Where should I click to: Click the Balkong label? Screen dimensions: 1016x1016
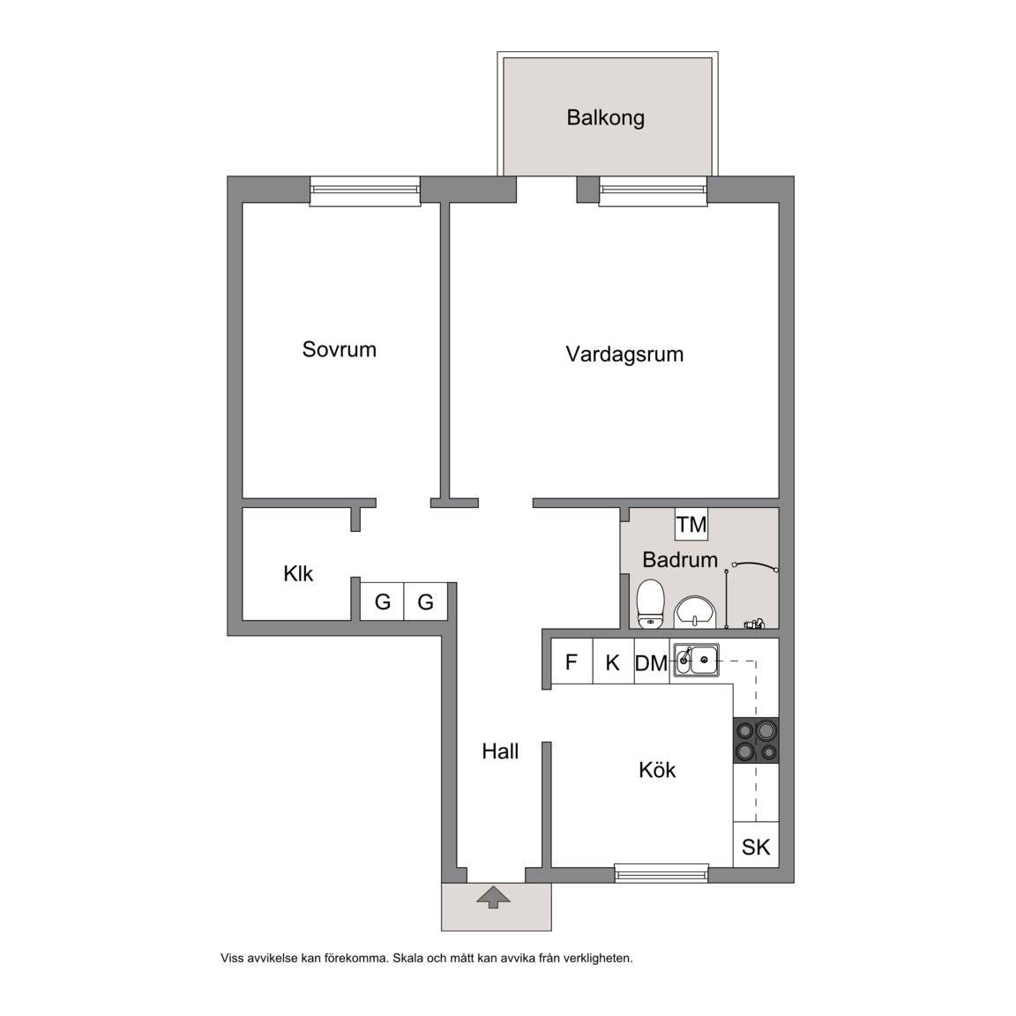pos(605,118)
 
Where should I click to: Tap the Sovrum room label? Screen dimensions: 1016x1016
pos(339,349)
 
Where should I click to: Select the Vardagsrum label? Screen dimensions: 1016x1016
pos(624,355)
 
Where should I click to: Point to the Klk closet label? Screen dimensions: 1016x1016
pos(298,573)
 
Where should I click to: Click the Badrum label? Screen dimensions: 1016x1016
pos(680,559)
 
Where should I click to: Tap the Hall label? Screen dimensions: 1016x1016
pos(500,751)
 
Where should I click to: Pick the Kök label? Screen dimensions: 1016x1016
pos(657,770)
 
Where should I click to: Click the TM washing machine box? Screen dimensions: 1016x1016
pos(691,524)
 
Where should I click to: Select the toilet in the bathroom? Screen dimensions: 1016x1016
pos(651,604)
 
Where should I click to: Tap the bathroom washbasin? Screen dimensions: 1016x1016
pos(695,612)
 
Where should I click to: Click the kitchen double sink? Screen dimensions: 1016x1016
pos(695,661)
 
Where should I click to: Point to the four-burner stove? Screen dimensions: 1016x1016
pos(756,740)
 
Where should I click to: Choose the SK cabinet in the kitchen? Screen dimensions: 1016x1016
pos(756,845)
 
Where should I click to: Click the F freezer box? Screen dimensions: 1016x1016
pos(571,661)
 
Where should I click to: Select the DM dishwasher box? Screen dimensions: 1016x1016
pos(651,662)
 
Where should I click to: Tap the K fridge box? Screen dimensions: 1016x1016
pos(613,661)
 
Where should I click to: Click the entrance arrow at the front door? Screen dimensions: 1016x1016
pos(493,897)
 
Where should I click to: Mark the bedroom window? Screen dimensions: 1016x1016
pos(365,191)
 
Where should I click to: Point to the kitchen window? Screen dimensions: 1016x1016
pos(661,873)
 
